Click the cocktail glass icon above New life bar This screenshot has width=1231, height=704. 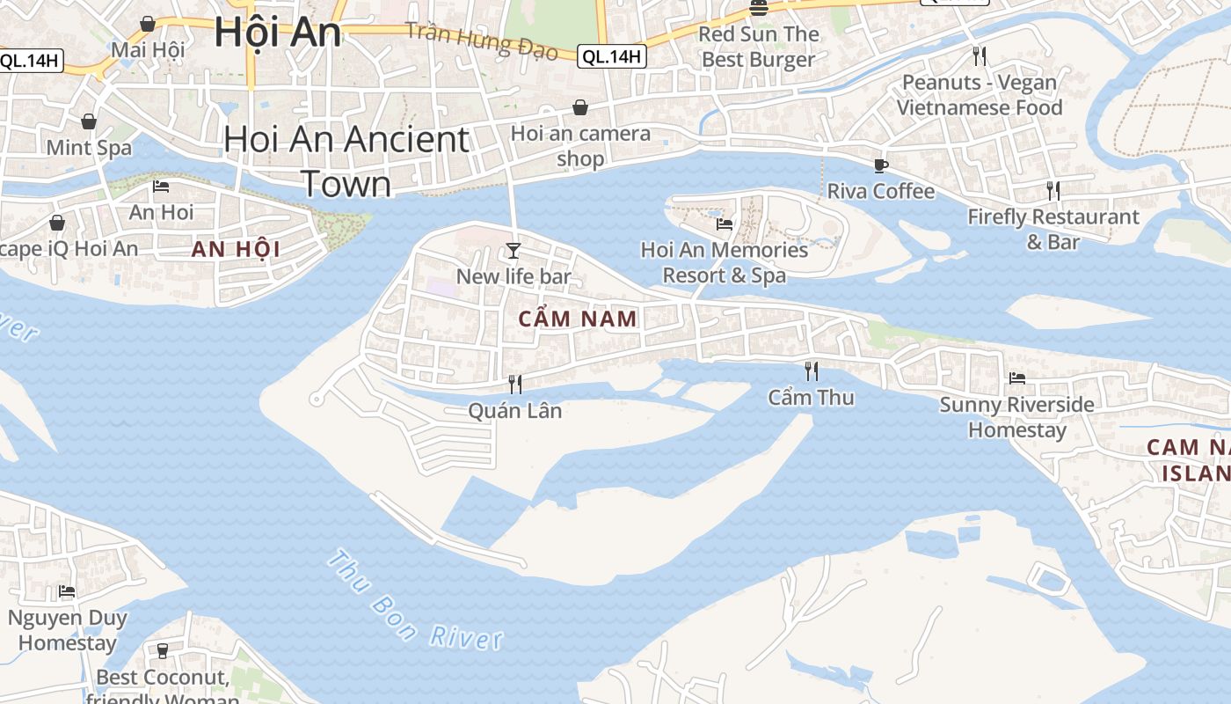tap(514, 251)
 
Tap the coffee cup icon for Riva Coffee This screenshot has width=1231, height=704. tap(880, 165)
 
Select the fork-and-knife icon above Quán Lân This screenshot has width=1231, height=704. tap(515, 385)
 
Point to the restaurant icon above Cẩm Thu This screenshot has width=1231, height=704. tap(811, 371)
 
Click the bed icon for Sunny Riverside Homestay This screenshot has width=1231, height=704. tap(1017, 378)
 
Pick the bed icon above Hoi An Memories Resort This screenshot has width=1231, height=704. tap(725, 224)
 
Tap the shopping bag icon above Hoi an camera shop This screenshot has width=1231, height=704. tap(580, 107)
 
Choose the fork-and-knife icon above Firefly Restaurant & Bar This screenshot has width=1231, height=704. tap(1053, 190)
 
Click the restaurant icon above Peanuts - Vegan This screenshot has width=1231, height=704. tap(980, 56)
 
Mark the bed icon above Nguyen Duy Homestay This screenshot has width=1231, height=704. tap(67, 591)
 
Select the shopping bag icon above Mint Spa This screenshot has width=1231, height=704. tap(89, 121)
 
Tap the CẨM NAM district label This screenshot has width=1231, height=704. tap(578, 319)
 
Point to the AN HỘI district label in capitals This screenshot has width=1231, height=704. tap(237, 249)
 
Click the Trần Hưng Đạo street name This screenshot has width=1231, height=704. tap(482, 40)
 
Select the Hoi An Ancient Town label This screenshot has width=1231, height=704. tap(346, 161)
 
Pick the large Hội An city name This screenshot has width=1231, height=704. tap(277, 32)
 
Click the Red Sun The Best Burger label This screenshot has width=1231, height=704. tap(759, 47)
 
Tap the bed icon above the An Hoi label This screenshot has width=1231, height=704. tap(161, 187)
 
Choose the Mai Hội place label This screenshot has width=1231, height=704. tap(148, 49)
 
